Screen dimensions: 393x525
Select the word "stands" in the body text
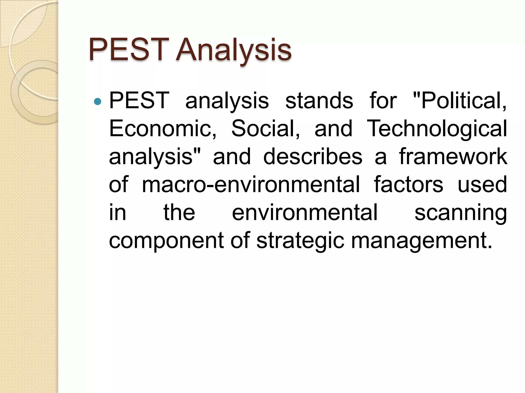point(319,101)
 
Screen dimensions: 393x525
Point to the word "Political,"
point(460,101)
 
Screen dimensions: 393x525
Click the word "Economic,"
point(163,128)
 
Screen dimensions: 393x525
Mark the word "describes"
point(313,157)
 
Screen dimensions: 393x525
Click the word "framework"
point(453,157)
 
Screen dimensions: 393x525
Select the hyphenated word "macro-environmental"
point(251,184)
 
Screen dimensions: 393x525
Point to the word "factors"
point(408,184)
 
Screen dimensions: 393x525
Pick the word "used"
point(482,184)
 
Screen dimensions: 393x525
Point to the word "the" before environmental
point(179,212)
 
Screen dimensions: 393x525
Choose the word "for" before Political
point(383,101)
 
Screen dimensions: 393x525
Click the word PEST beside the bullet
point(139,101)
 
